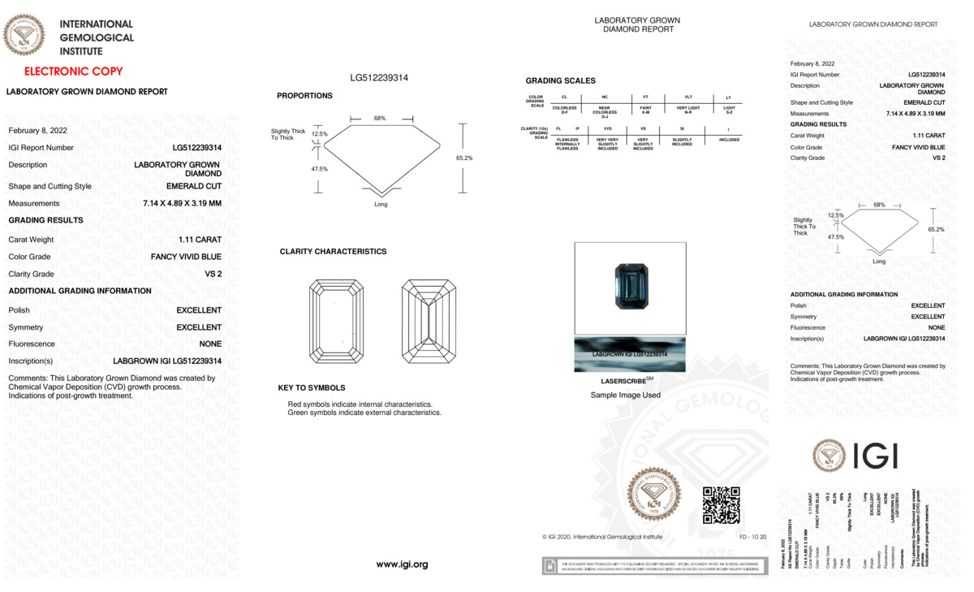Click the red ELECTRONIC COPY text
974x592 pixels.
coord(73,71)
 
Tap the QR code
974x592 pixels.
coord(721,504)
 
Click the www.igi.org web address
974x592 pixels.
coord(402,564)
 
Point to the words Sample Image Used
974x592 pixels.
coord(625,395)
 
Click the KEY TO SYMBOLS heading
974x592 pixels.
coord(311,388)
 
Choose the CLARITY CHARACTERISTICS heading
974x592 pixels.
coord(333,252)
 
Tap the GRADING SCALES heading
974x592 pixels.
coord(560,81)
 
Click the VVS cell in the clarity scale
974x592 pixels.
coord(607,129)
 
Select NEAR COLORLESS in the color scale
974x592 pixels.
coord(605,110)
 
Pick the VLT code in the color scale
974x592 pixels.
coord(688,97)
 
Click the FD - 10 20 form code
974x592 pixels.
coord(752,537)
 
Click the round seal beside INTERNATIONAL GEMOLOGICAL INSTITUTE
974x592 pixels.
coord(24,35)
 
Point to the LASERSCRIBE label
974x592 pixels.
coord(624,380)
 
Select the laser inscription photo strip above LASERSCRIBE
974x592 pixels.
coord(630,355)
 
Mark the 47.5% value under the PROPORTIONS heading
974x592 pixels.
coord(320,169)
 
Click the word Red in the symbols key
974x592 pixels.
coord(295,404)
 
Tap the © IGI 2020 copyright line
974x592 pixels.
coord(601,537)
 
